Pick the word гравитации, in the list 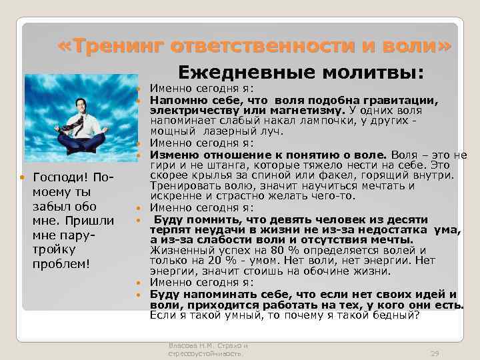pyautogui.click(x=399, y=100)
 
